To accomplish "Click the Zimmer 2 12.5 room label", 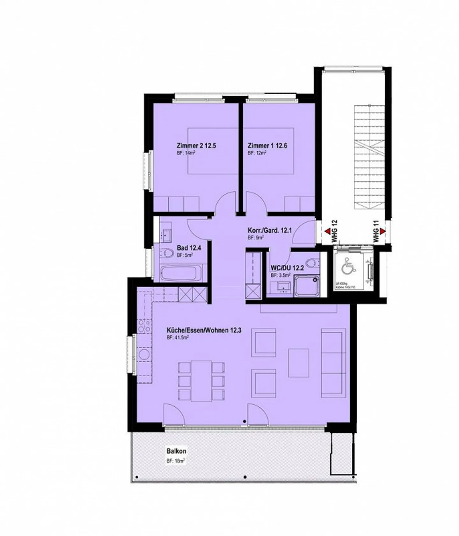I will click(196, 146).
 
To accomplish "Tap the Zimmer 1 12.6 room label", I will click(267, 146).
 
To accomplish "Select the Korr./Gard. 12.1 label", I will click(270, 230).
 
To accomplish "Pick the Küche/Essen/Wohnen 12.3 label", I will click(204, 330).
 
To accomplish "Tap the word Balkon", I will click(176, 451).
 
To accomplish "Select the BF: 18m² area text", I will click(176, 461).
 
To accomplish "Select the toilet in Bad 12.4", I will click(167, 253).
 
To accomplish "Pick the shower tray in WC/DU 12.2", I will click(307, 286).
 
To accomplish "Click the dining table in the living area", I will click(201, 381).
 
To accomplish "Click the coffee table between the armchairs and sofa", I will click(299, 363).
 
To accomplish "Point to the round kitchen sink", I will click(145, 355).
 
